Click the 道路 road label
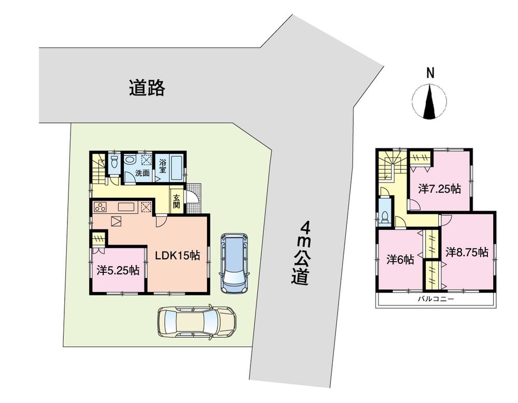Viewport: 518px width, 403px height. (147, 88)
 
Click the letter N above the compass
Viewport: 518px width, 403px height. (430, 74)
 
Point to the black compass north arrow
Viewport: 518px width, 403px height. (430, 102)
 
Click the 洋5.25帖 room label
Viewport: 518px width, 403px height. (118, 270)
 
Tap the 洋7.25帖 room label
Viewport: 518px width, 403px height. (440, 189)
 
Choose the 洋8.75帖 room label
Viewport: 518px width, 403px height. (467, 252)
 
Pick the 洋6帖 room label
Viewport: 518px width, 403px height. (400, 259)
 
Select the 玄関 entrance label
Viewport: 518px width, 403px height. (177, 201)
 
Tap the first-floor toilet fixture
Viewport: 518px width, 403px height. (114, 162)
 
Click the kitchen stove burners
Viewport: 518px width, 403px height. (100, 207)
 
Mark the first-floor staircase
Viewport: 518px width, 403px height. (97, 168)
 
